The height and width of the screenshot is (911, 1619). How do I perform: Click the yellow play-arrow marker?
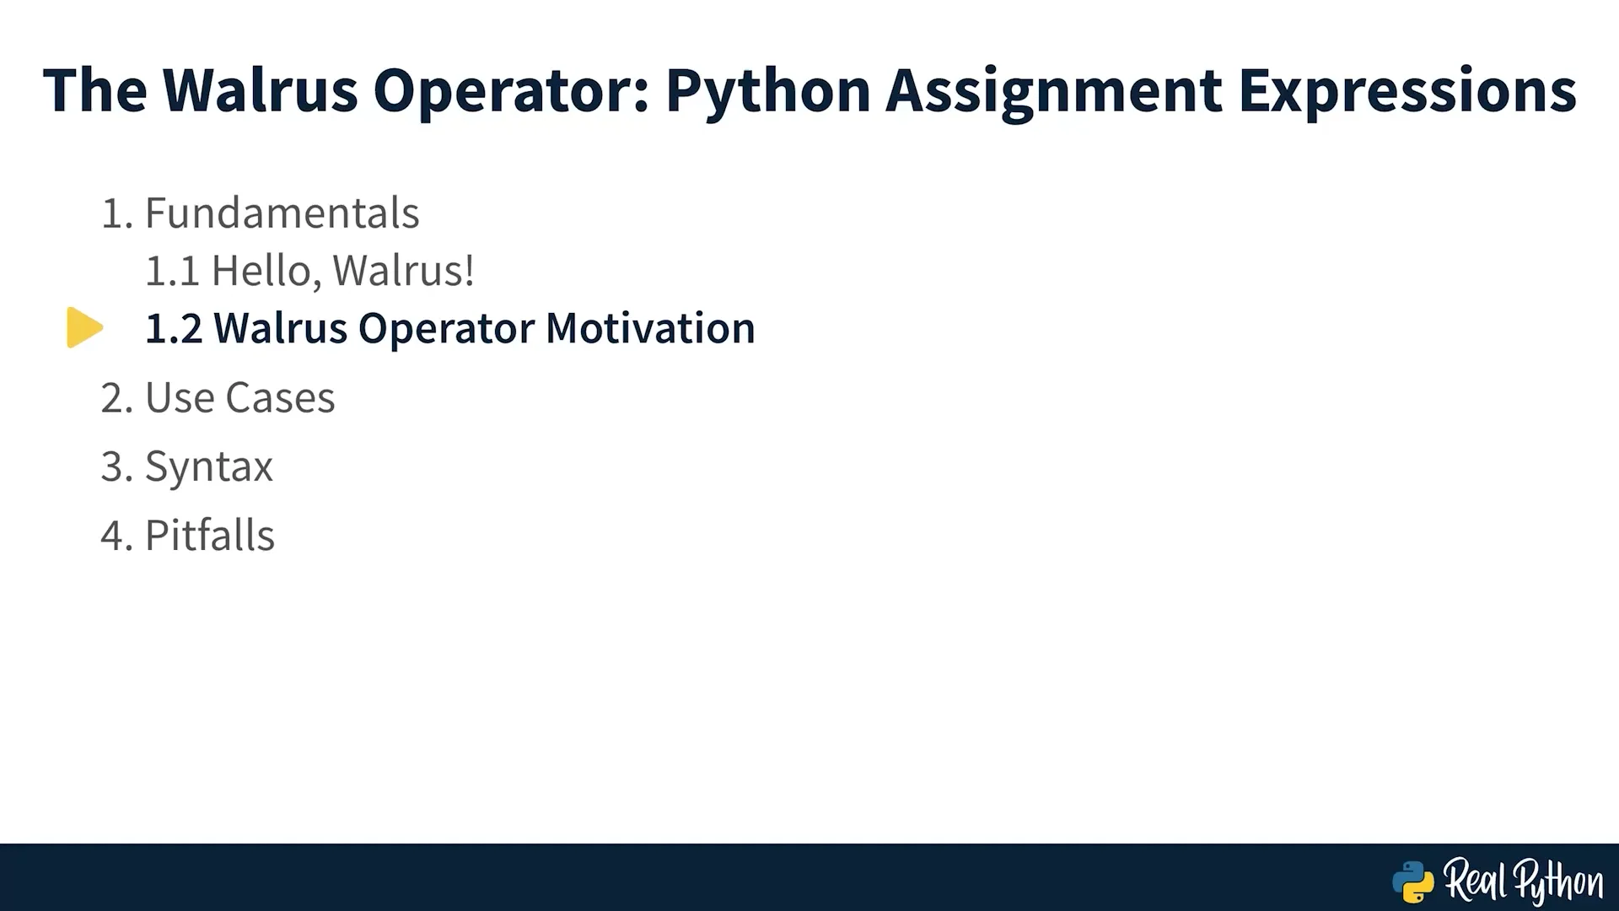(x=85, y=327)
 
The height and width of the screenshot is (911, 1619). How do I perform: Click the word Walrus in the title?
(x=260, y=90)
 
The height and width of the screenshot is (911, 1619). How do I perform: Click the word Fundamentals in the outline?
(x=282, y=213)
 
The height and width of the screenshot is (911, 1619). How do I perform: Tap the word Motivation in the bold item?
(x=650, y=328)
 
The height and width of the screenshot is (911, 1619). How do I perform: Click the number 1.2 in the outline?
(x=174, y=328)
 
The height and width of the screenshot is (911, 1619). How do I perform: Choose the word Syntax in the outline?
(x=209, y=467)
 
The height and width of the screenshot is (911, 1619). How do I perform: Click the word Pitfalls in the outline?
(x=210, y=536)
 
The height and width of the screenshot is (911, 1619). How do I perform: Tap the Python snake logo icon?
(x=1413, y=882)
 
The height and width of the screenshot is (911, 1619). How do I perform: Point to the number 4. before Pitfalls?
(x=117, y=536)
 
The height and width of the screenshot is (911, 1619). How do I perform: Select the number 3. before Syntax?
(x=117, y=466)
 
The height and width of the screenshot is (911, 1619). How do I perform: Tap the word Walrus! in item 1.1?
(x=403, y=271)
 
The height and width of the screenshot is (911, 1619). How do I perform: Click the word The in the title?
(x=95, y=90)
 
